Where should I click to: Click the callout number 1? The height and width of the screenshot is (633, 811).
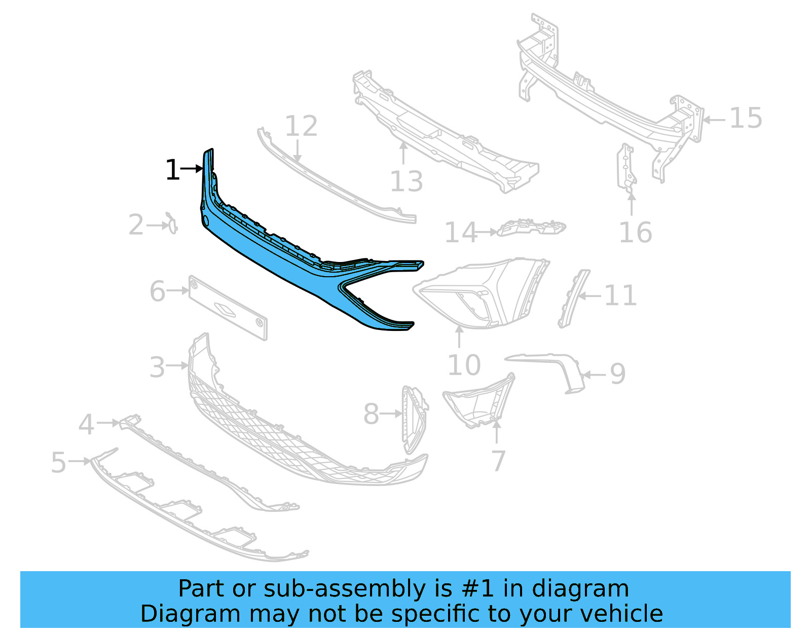tap(172, 170)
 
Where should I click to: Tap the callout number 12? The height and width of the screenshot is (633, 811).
tap(301, 126)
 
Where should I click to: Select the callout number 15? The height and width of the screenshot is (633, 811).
tap(746, 119)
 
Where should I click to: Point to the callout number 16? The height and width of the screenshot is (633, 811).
tap(636, 233)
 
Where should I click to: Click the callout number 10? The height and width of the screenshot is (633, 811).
tap(464, 365)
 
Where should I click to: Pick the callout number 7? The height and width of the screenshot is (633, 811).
tap(499, 461)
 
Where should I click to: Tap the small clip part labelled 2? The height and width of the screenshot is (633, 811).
tap(172, 223)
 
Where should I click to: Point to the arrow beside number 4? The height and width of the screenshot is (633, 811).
tap(108, 422)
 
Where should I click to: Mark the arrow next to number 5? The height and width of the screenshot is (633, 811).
tap(80, 461)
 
